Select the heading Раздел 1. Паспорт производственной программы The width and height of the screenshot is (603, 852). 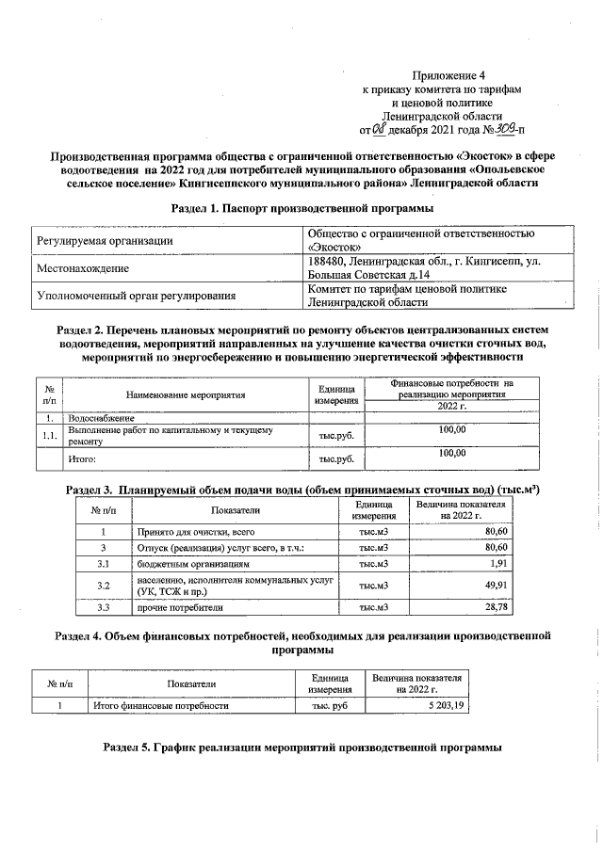click(302, 207)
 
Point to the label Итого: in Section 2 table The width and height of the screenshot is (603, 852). click(83, 459)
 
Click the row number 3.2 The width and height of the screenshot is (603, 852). click(104, 587)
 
